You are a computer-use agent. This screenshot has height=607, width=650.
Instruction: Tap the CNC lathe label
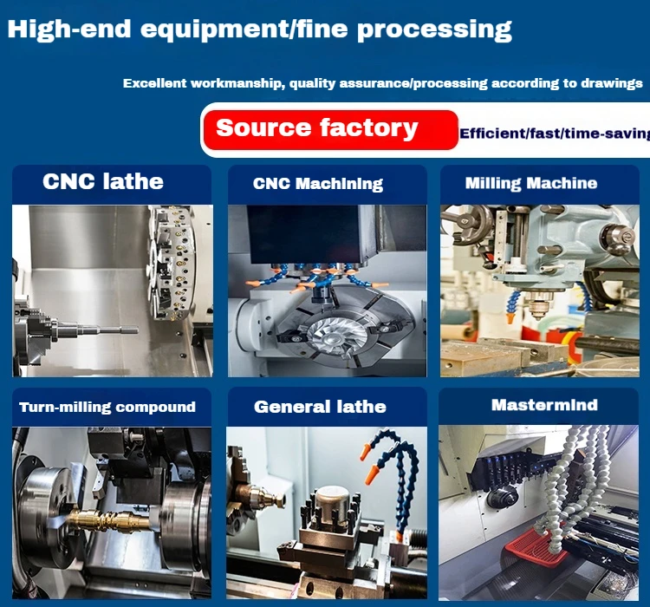(x=103, y=182)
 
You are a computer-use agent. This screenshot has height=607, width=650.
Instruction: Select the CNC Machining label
(x=318, y=184)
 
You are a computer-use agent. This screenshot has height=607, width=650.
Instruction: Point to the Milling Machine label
(x=530, y=184)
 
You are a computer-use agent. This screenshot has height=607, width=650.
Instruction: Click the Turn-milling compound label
(x=107, y=407)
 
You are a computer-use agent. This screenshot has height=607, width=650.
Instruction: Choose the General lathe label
(x=320, y=407)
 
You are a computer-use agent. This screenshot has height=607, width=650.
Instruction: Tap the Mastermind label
(x=544, y=405)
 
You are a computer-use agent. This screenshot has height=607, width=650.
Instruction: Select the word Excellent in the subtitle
(x=154, y=84)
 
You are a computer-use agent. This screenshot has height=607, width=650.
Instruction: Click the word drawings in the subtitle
(x=613, y=84)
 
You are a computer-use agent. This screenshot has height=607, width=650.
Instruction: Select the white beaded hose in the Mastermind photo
(x=572, y=486)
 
